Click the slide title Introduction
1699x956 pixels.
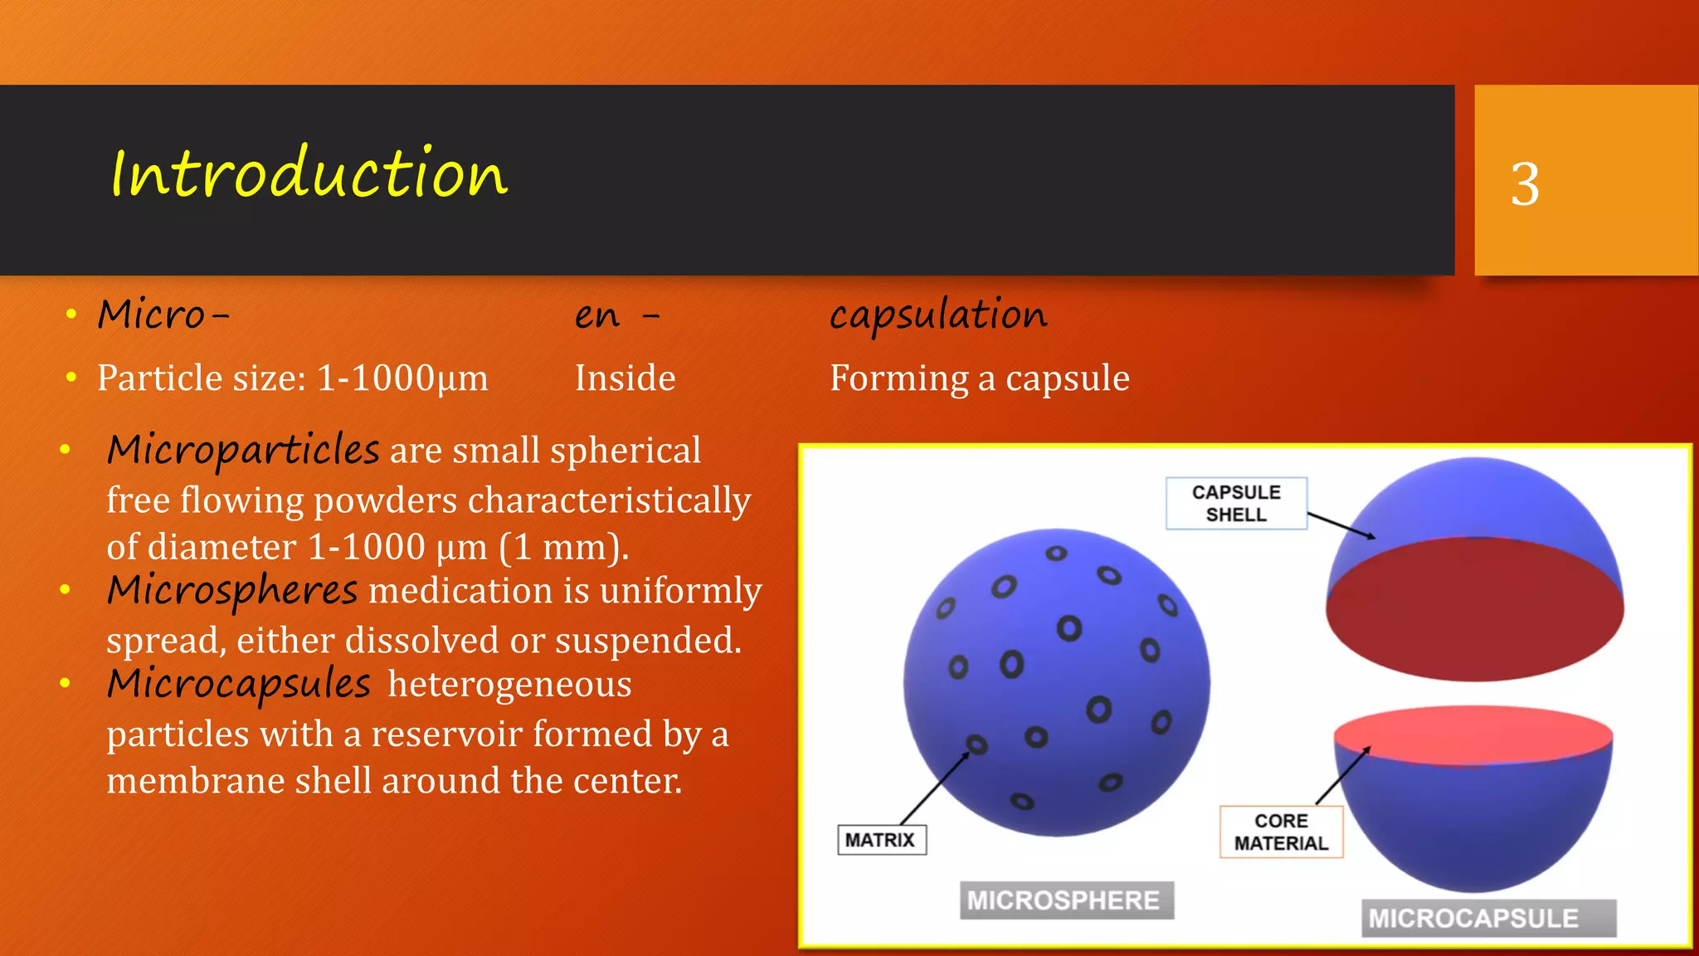click(309, 173)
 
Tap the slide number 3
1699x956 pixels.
click(1525, 183)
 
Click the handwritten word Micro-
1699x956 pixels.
click(163, 315)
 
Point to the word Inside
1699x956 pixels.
click(625, 378)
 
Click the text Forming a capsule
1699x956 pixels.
click(980, 378)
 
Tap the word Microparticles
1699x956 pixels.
click(243, 451)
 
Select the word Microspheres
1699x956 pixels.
click(232, 591)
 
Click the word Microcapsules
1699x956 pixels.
click(239, 685)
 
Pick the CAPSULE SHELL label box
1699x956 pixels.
click(1236, 503)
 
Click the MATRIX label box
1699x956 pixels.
click(880, 840)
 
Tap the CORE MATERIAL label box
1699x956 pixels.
click(1281, 832)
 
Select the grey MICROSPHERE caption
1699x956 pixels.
click(1066, 900)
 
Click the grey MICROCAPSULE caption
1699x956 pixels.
click(1487, 918)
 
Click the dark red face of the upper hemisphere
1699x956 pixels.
click(1474, 610)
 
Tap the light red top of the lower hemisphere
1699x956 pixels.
click(1473, 734)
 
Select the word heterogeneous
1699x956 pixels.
click(509, 685)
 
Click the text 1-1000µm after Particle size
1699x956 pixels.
click(403, 378)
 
